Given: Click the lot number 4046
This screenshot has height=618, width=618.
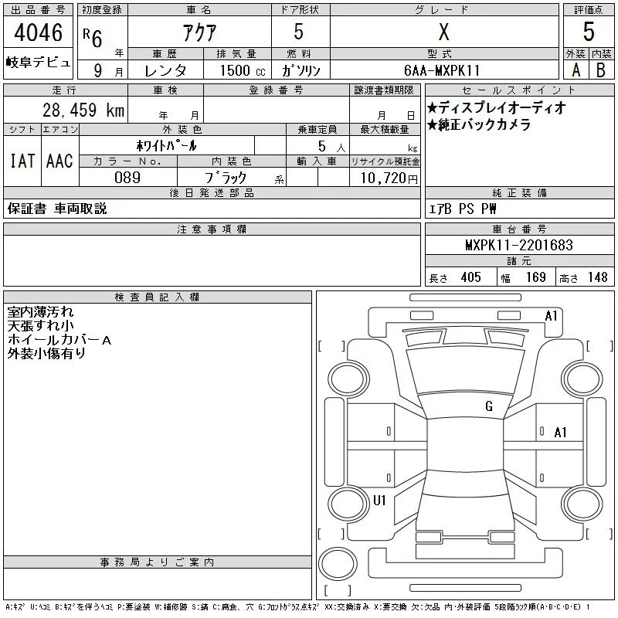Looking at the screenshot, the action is coord(38,32).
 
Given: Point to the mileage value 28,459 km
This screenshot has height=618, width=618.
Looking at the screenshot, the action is coord(83,110).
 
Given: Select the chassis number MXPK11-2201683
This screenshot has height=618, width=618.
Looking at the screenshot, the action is coord(519,245).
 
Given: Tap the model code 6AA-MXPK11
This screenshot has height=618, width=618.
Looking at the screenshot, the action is coord(442,70).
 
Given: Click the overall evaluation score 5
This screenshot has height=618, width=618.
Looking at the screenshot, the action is coord(589,32).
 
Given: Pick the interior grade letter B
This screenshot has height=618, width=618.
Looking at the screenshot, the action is coord(601,70).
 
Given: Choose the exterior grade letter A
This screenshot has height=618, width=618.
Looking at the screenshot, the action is coord(576,70).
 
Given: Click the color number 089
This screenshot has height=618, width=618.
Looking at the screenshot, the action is coord(127,178).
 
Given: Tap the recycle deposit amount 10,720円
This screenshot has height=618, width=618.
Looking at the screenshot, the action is coord(389,178).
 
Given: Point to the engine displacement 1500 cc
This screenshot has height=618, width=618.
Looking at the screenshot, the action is coord(243,70).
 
